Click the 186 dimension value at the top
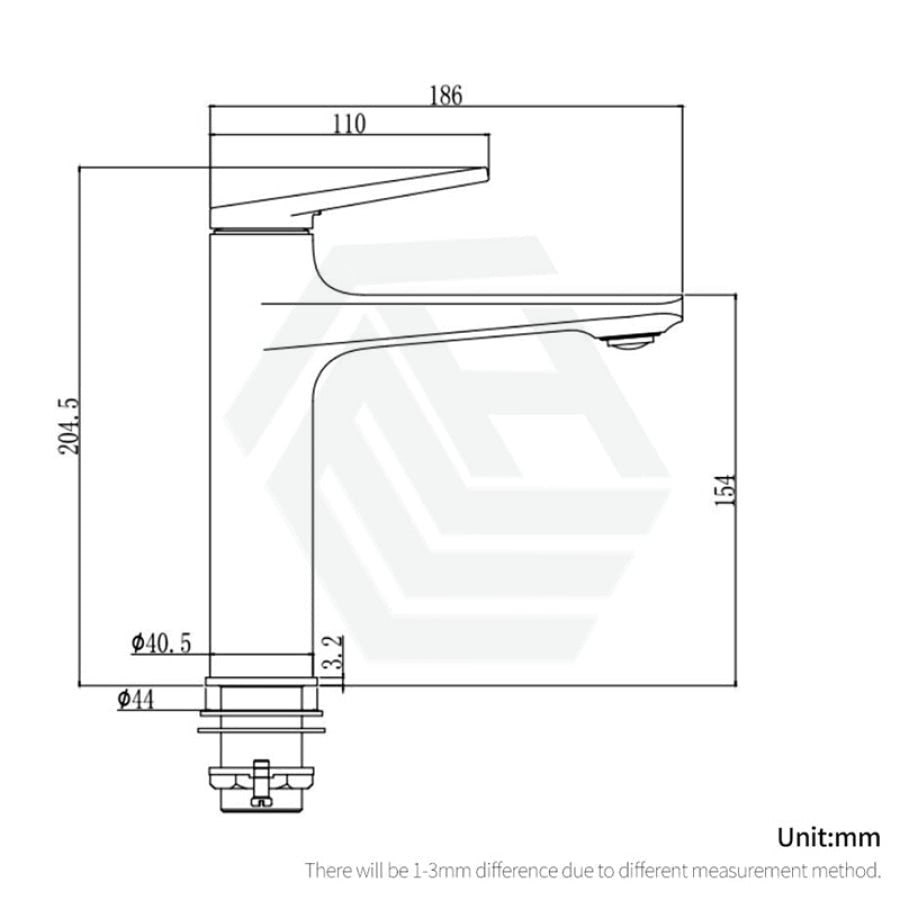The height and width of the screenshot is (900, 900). pos(445,96)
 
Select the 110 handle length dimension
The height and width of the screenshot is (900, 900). pos(349,124)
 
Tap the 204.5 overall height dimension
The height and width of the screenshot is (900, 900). pos(67,426)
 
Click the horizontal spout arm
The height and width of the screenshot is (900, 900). pos(470,318)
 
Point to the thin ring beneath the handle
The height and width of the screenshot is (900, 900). pos(262,230)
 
